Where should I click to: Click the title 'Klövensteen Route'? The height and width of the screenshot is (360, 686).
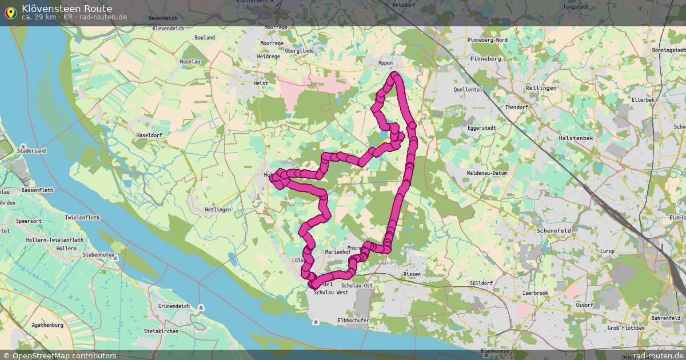click(x=67, y=9)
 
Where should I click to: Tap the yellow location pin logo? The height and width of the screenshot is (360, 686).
click(x=10, y=13)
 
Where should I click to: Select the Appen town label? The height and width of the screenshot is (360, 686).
click(x=386, y=63)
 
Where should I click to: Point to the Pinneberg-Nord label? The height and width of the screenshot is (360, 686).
click(x=487, y=40)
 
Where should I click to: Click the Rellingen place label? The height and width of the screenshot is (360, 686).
click(x=541, y=88)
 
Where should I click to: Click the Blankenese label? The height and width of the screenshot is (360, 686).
click(x=494, y=351)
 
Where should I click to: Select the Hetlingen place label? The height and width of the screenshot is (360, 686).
click(x=218, y=210)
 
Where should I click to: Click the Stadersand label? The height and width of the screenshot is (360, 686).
click(x=33, y=151)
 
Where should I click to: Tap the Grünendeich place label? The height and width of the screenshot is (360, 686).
click(x=175, y=306)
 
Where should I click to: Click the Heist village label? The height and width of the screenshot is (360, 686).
click(x=261, y=83)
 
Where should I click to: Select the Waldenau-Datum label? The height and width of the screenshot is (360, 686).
click(x=487, y=173)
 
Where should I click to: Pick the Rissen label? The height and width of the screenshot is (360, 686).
click(x=412, y=274)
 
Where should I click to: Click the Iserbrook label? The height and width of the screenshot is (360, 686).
click(x=535, y=293)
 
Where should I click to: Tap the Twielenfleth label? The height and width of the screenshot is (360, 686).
click(x=82, y=218)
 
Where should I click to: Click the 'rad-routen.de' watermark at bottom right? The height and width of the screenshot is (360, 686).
click(x=658, y=355)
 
